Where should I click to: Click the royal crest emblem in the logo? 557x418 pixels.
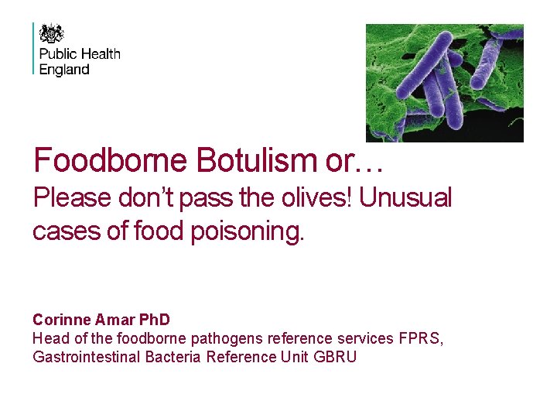click(52, 33)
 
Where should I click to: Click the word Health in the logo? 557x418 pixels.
click(100, 54)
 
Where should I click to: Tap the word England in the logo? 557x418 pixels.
click(64, 70)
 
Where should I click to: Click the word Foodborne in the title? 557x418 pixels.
click(111, 160)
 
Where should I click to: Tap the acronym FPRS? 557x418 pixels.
click(420, 338)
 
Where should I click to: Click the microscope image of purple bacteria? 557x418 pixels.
click(444, 83)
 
